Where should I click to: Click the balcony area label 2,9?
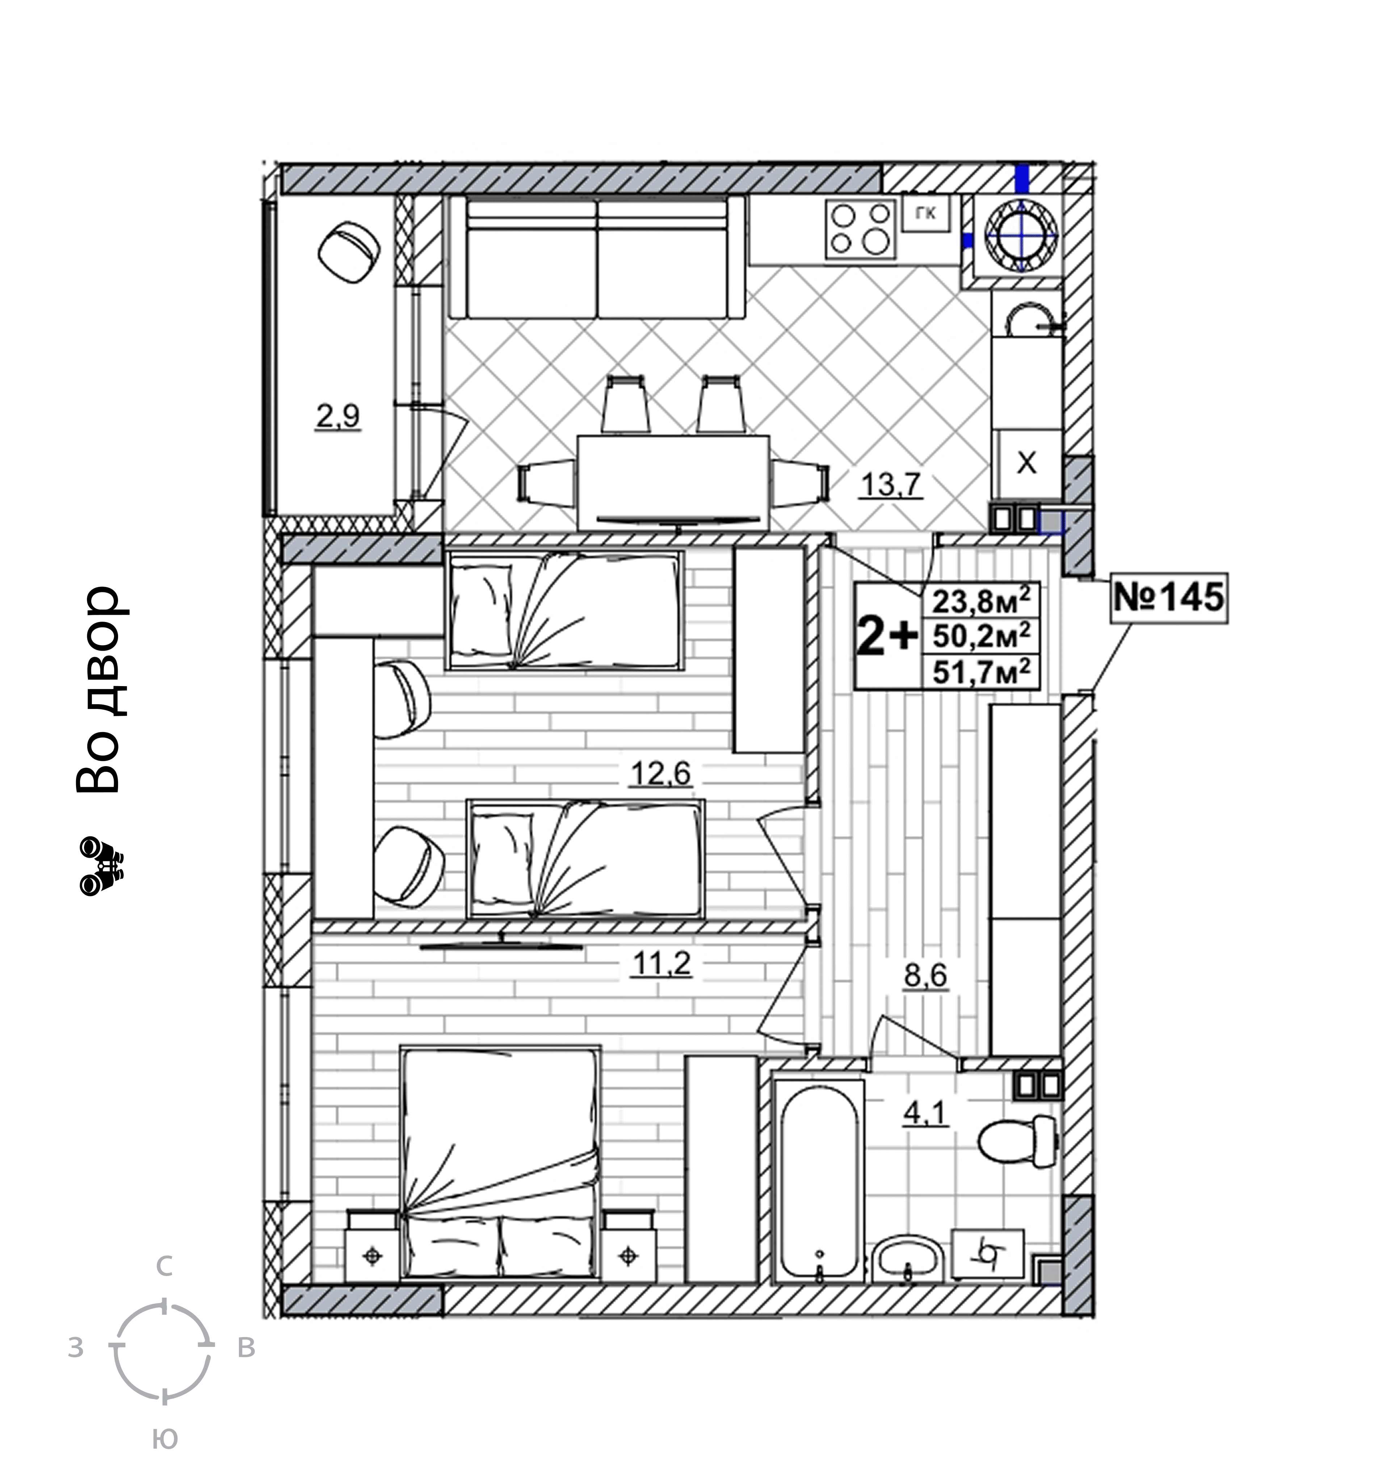point(338,416)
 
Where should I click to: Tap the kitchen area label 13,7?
point(893,486)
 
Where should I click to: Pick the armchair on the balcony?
point(348,251)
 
